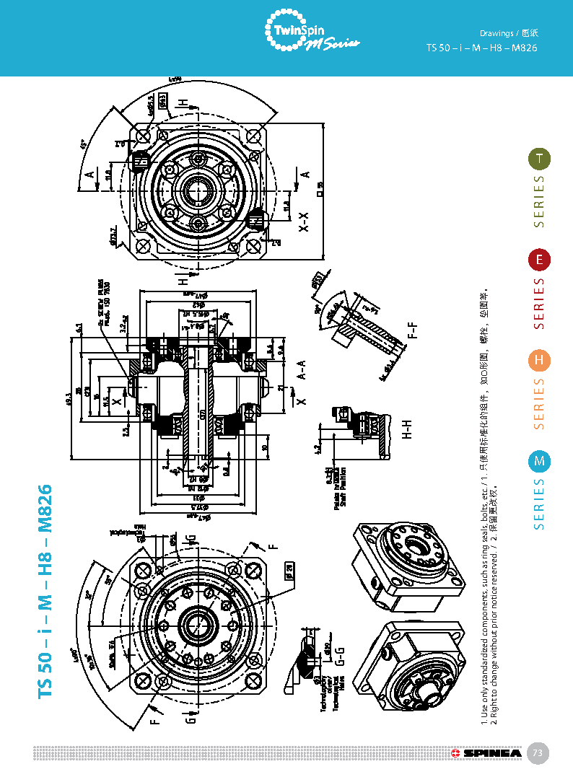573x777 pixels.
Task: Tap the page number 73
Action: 537,753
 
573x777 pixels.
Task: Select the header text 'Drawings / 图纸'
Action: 509,33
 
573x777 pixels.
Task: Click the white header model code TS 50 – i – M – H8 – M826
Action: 482,48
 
